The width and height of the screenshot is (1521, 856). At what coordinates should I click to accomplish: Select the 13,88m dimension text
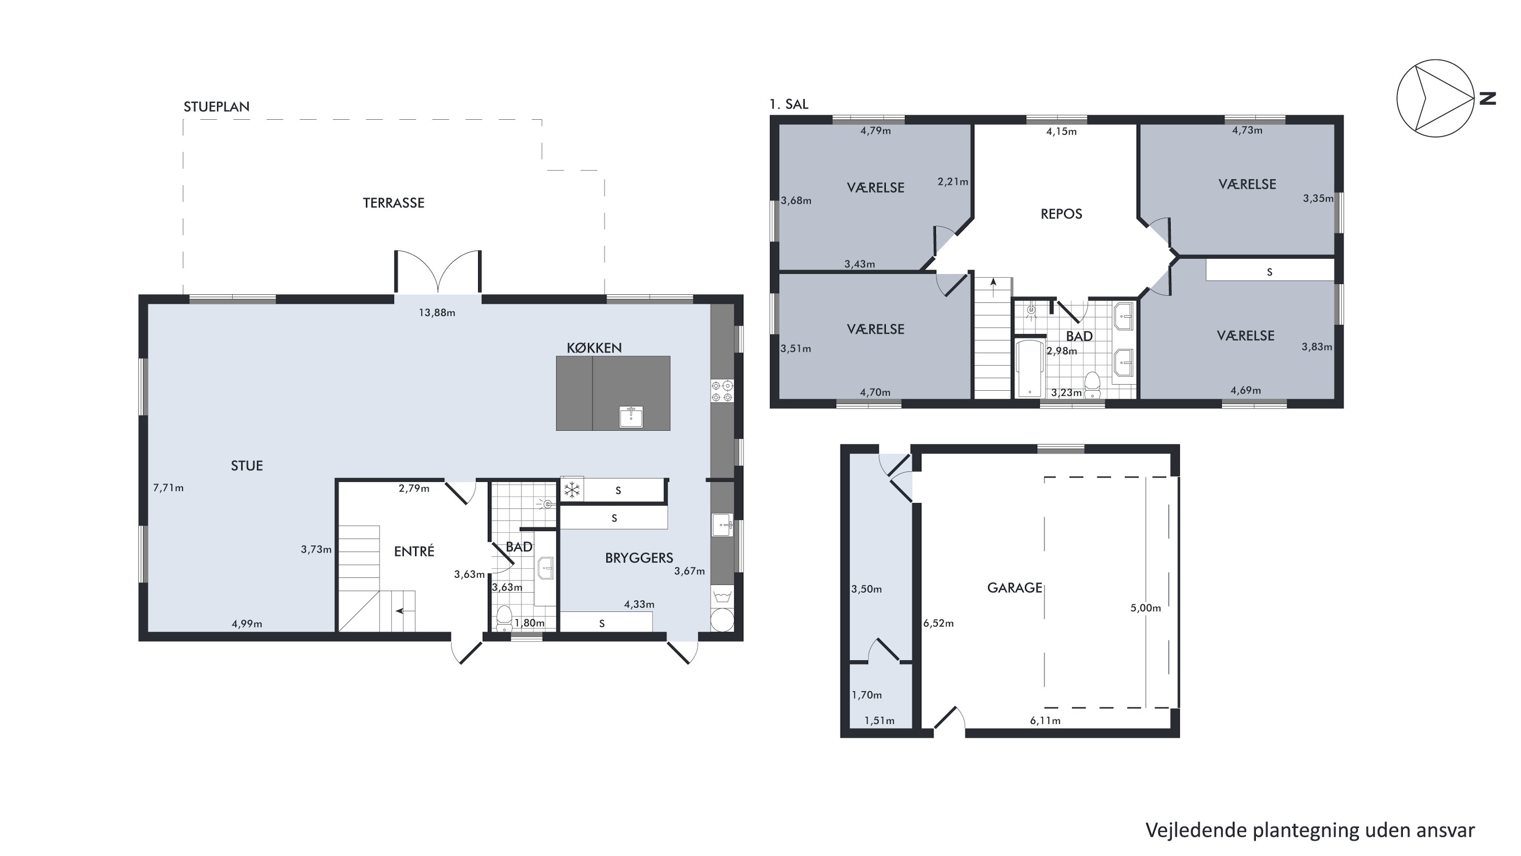pyautogui.click(x=437, y=313)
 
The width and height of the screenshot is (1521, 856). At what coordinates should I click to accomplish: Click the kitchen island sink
pyautogui.click(x=631, y=417)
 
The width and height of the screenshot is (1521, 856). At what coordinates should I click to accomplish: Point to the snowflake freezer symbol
pyautogui.click(x=571, y=489)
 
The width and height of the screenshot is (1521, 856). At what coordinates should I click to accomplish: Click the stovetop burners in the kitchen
pyautogui.click(x=722, y=391)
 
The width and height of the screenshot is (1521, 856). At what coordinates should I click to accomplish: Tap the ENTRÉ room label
pyautogui.click(x=414, y=551)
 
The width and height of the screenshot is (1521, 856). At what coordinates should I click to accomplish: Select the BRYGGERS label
pyautogui.click(x=639, y=558)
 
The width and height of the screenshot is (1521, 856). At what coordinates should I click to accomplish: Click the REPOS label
pyautogui.click(x=1061, y=214)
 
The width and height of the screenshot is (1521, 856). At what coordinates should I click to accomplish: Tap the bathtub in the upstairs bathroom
pyautogui.click(x=1029, y=367)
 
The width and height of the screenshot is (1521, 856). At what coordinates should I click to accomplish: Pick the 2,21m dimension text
pyautogui.click(x=952, y=182)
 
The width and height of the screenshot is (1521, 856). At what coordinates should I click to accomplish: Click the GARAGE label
pyautogui.click(x=1015, y=588)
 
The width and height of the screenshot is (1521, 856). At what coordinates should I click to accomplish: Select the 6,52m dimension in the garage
pyautogui.click(x=938, y=623)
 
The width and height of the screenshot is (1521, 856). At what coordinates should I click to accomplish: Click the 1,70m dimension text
pyautogui.click(x=866, y=695)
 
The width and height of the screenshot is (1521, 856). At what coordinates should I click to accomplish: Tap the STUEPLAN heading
pyautogui.click(x=216, y=107)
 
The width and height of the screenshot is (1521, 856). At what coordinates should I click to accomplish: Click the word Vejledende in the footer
pyautogui.click(x=1197, y=830)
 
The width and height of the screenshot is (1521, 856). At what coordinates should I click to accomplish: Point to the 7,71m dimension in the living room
pyautogui.click(x=168, y=488)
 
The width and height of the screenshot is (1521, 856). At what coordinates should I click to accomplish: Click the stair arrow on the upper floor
pyautogui.click(x=994, y=288)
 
